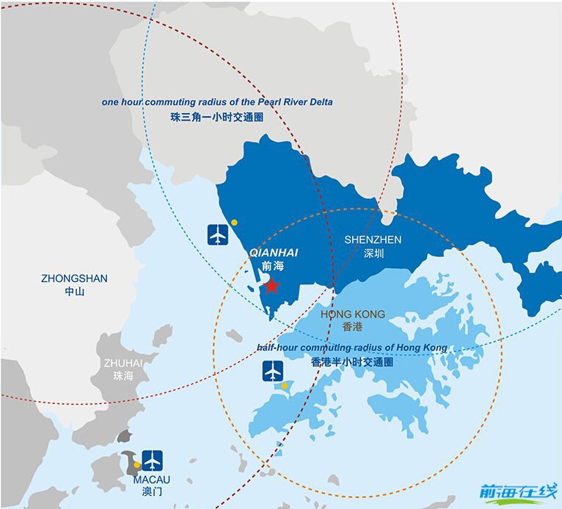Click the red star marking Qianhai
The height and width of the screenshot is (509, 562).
271,286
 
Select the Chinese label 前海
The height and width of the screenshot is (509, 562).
271,267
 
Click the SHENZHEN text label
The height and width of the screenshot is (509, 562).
373,240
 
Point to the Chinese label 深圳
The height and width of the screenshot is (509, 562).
373,254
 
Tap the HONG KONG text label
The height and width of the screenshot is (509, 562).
353,314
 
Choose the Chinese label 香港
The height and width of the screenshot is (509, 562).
352,328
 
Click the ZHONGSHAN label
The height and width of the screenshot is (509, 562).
74,278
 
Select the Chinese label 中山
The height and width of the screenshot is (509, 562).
74,292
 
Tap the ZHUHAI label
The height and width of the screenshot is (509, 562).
123,363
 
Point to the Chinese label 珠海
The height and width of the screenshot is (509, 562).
123,376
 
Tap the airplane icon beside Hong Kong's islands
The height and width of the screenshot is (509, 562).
273,371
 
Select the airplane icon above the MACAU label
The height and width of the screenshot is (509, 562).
153,461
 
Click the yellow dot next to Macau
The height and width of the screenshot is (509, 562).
136,464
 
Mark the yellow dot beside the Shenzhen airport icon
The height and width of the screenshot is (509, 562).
233,222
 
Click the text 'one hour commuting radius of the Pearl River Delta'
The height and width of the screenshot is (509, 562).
216,102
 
